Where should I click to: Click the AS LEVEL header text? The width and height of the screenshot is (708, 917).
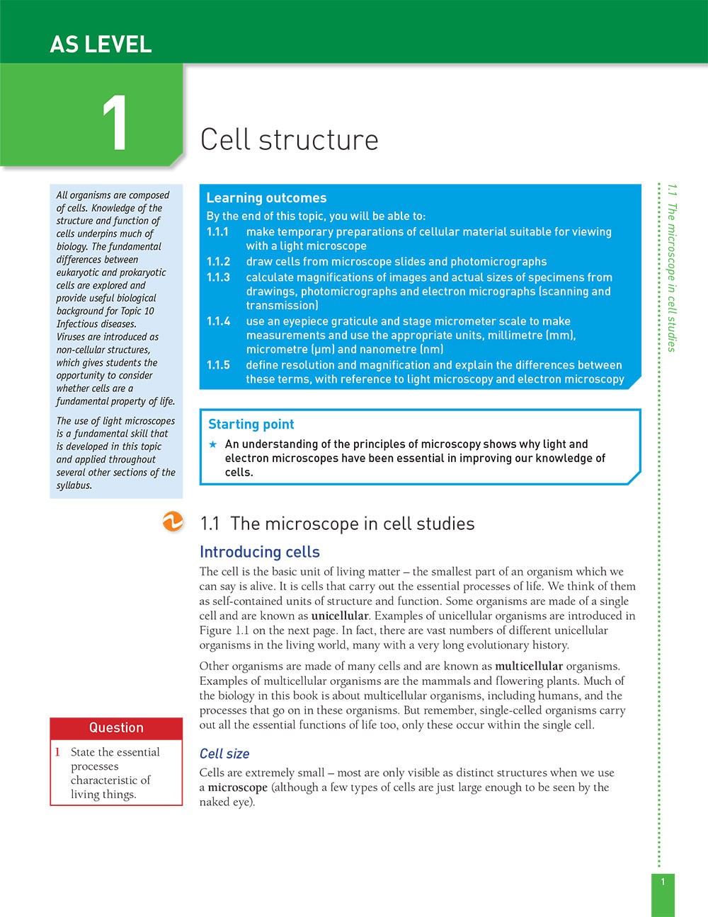coord(101,45)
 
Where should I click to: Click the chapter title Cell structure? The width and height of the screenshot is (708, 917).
coord(289,139)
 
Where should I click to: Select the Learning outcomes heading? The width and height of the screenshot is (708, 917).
coord(266,198)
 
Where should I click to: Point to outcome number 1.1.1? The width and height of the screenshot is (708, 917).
coord(217,232)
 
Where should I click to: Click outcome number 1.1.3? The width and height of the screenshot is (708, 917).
coord(217,277)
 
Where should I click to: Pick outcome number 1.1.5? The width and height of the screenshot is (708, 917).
coord(217,365)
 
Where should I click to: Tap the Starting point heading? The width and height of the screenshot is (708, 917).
coord(251,425)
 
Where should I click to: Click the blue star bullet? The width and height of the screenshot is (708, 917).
coord(212,444)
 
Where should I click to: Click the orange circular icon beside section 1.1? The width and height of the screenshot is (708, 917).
coord(172,523)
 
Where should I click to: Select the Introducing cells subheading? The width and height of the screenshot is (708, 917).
coord(259,552)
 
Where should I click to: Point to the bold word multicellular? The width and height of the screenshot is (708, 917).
coord(528,666)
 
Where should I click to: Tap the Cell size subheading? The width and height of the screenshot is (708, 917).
coord(224,754)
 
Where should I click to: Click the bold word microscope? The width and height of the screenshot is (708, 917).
coord(237,788)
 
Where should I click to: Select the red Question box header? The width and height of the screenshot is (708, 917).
coord(116,727)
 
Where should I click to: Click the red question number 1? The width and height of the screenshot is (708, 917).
coord(57,752)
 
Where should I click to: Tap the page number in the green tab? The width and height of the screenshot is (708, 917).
coord(663,882)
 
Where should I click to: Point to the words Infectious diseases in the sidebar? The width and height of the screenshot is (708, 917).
coord(96,324)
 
